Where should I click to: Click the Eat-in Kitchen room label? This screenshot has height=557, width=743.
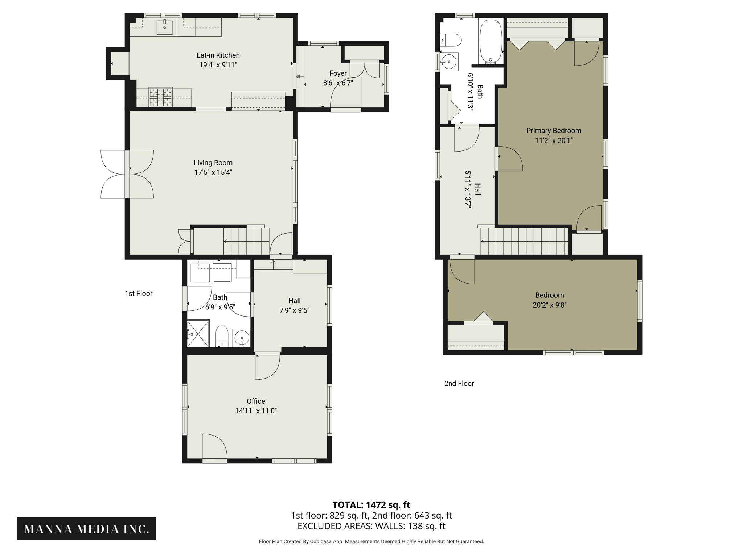click(x=218, y=55)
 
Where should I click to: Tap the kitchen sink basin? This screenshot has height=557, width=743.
click(x=164, y=28)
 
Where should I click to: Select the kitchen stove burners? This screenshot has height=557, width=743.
click(x=160, y=97)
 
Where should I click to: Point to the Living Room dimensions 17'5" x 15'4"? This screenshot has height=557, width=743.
click(x=213, y=173)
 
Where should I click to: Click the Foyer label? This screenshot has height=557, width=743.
click(x=338, y=74)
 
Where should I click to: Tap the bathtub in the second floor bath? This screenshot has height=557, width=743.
click(x=490, y=41)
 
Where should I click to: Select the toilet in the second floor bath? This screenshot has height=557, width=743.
click(x=451, y=40)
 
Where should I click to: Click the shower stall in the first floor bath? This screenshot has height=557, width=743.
click(x=198, y=333)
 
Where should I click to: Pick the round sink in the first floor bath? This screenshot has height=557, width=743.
click(x=241, y=338)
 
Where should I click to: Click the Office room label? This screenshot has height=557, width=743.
click(x=256, y=401)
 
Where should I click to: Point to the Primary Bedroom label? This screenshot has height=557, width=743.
click(x=554, y=131)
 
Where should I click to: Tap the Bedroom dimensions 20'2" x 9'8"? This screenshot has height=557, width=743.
click(x=549, y=305)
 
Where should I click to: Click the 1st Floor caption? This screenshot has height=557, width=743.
click(x=139, y=293)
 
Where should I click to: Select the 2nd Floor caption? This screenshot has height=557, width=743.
click(x=459, y=384)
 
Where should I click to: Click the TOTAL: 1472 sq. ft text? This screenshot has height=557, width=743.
click(x=371, y=505)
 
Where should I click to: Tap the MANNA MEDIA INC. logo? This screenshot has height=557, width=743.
click(x=86, y=529)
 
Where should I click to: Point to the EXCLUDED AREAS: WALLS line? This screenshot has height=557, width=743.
click(x=371, y=526)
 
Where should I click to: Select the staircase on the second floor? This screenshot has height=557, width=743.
click(x=525, y=241)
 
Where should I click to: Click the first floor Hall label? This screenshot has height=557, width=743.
click(x=294, y=301)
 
